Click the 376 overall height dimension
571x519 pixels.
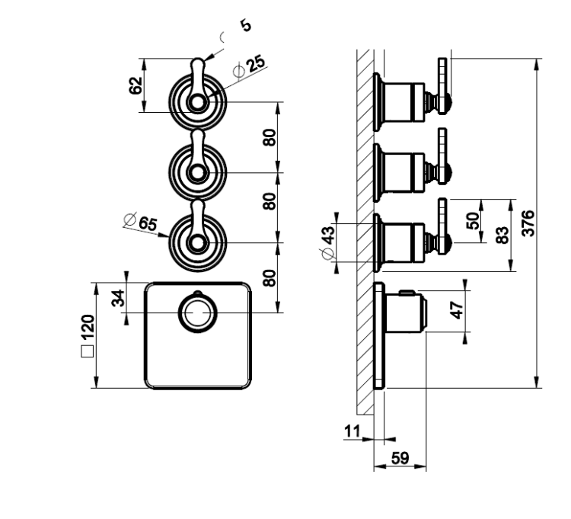tap(528, 223)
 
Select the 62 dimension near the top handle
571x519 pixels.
tap(136, 85)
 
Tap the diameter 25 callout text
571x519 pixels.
tap(250, 68)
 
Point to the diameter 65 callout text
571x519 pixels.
tap(141, 222)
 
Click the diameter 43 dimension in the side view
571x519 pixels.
tap(327, 242)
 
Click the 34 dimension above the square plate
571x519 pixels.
tap(118, 298)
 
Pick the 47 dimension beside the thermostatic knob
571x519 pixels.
tap(457, 310)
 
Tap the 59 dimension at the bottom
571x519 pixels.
tap(400, 458)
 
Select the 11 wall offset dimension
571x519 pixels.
tap(352, 431)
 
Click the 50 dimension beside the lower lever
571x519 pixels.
tap(473, 220)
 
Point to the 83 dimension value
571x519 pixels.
tap(502, 235)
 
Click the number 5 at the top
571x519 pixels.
tap(246, 25)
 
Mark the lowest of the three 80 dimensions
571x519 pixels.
tap(270, 278)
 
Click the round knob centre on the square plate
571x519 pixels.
tap(198, 313)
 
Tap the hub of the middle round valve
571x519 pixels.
tap(198, 172)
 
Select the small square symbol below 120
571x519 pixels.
tap(88, 351)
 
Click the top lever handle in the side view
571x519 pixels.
tap(443, 86)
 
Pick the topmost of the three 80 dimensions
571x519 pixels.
tap(270, 137)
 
